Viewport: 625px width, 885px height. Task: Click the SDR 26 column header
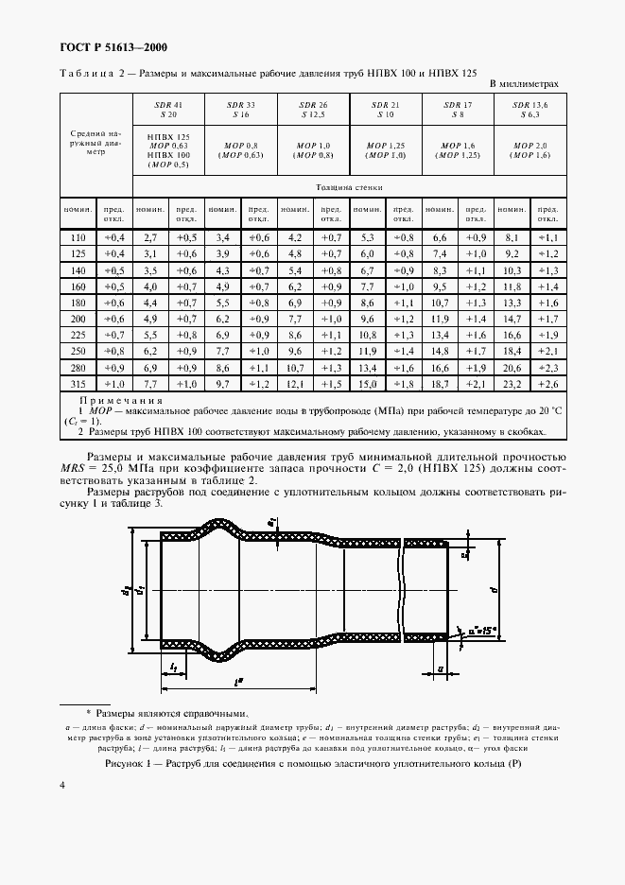coord(313,108)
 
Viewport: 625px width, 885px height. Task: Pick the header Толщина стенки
coord(352,187)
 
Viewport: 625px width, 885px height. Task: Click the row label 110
coord(78,237)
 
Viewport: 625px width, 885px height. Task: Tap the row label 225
coord(78,336)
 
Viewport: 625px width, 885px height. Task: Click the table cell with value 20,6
coord(512,369)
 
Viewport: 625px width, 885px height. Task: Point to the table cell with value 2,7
coord(149,237)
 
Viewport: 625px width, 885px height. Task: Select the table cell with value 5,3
coord(367,237)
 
